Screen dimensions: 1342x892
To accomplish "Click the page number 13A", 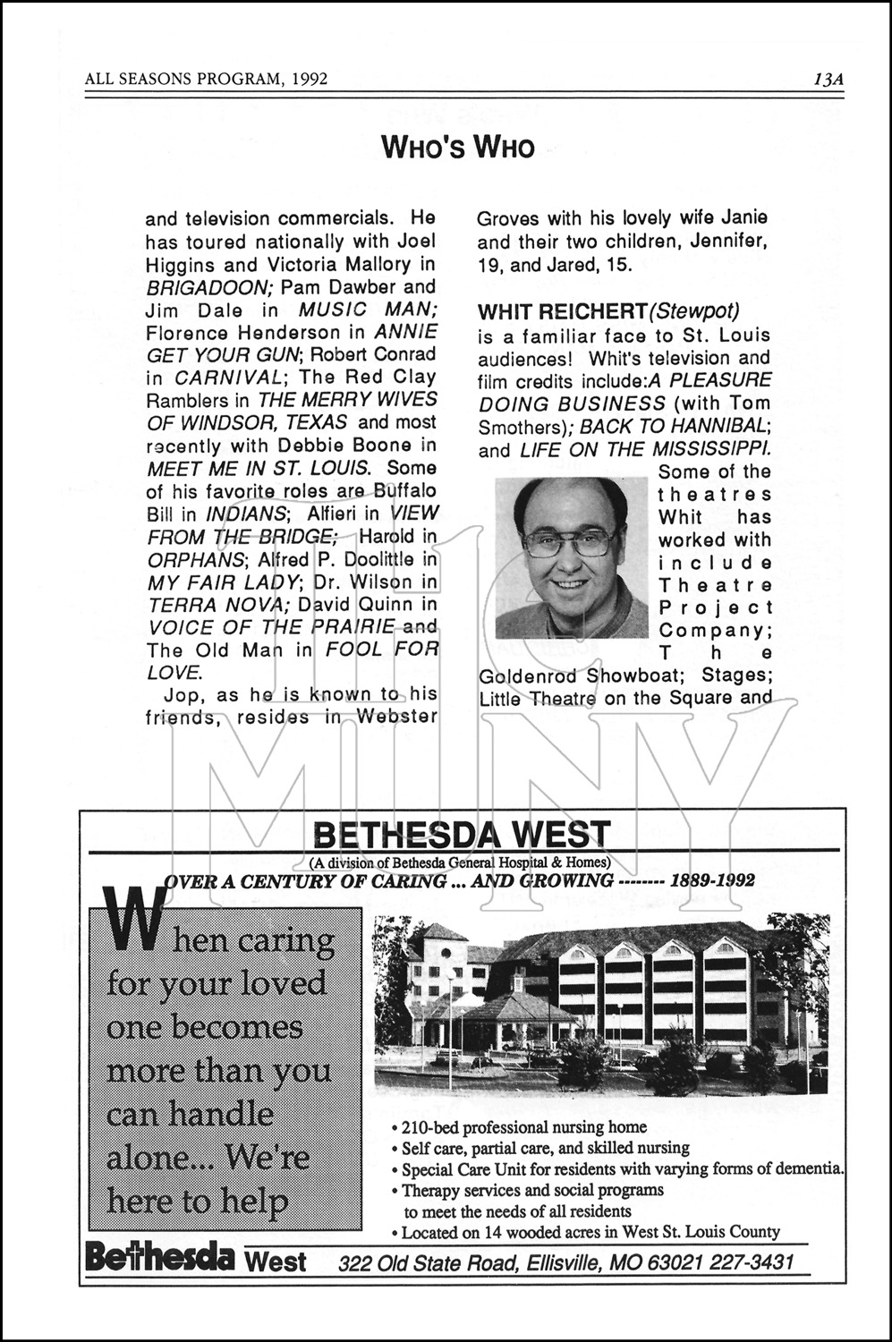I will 828,79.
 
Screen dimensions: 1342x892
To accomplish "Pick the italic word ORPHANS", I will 195,559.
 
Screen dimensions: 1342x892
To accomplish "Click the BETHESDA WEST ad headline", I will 462,836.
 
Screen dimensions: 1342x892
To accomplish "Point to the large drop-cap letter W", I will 135,921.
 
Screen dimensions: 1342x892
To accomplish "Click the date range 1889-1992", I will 712,879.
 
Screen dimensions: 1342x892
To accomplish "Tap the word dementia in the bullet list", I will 810,1168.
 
